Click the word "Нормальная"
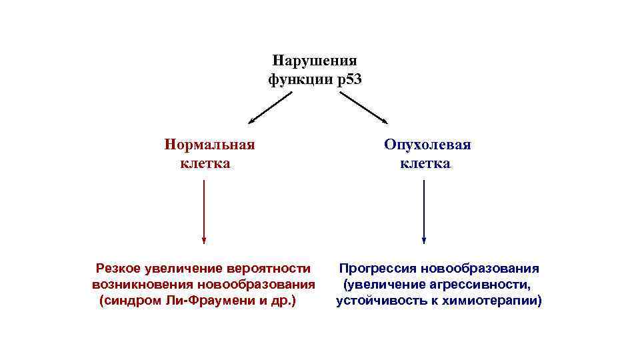209,145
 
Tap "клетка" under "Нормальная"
205,163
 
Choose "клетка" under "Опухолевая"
425,163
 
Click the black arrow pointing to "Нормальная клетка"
270,108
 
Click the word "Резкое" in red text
118,269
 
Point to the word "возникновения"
135,285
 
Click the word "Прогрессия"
375,269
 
